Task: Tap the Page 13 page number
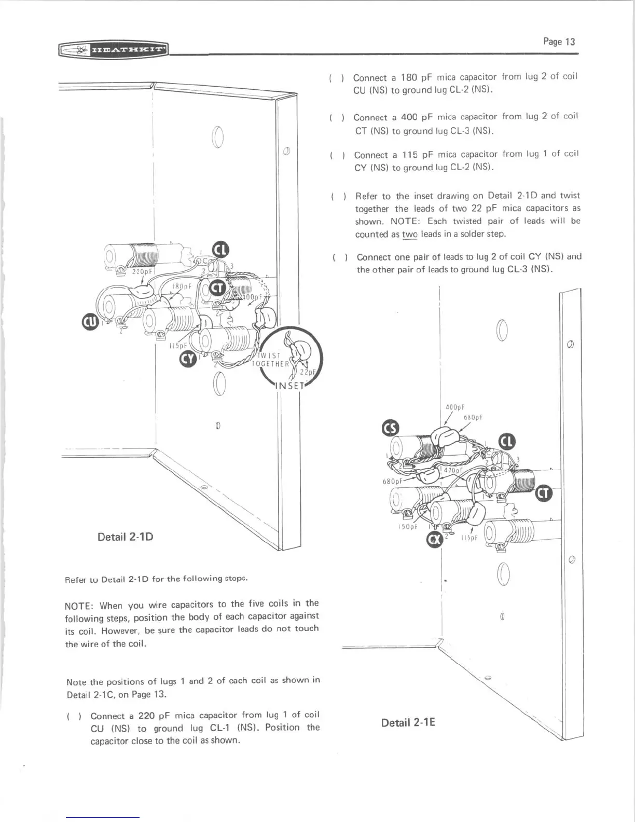click(x=559, y=42)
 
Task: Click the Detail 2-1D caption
click(x=126, y=536)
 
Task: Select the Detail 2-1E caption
click(x=408, y=722)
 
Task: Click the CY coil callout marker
click(x=187, y=359)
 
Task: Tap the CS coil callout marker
click(x=390, y=429)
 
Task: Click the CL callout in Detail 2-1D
click(x=220, y=250)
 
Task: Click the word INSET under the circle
click(x=293, y=386)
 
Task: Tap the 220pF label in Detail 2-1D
click(x=141, y=271)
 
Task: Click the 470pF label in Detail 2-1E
click(x=451, y=470)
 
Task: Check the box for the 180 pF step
click(x=336, y=78)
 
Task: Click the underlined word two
click(x=410, y=235)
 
